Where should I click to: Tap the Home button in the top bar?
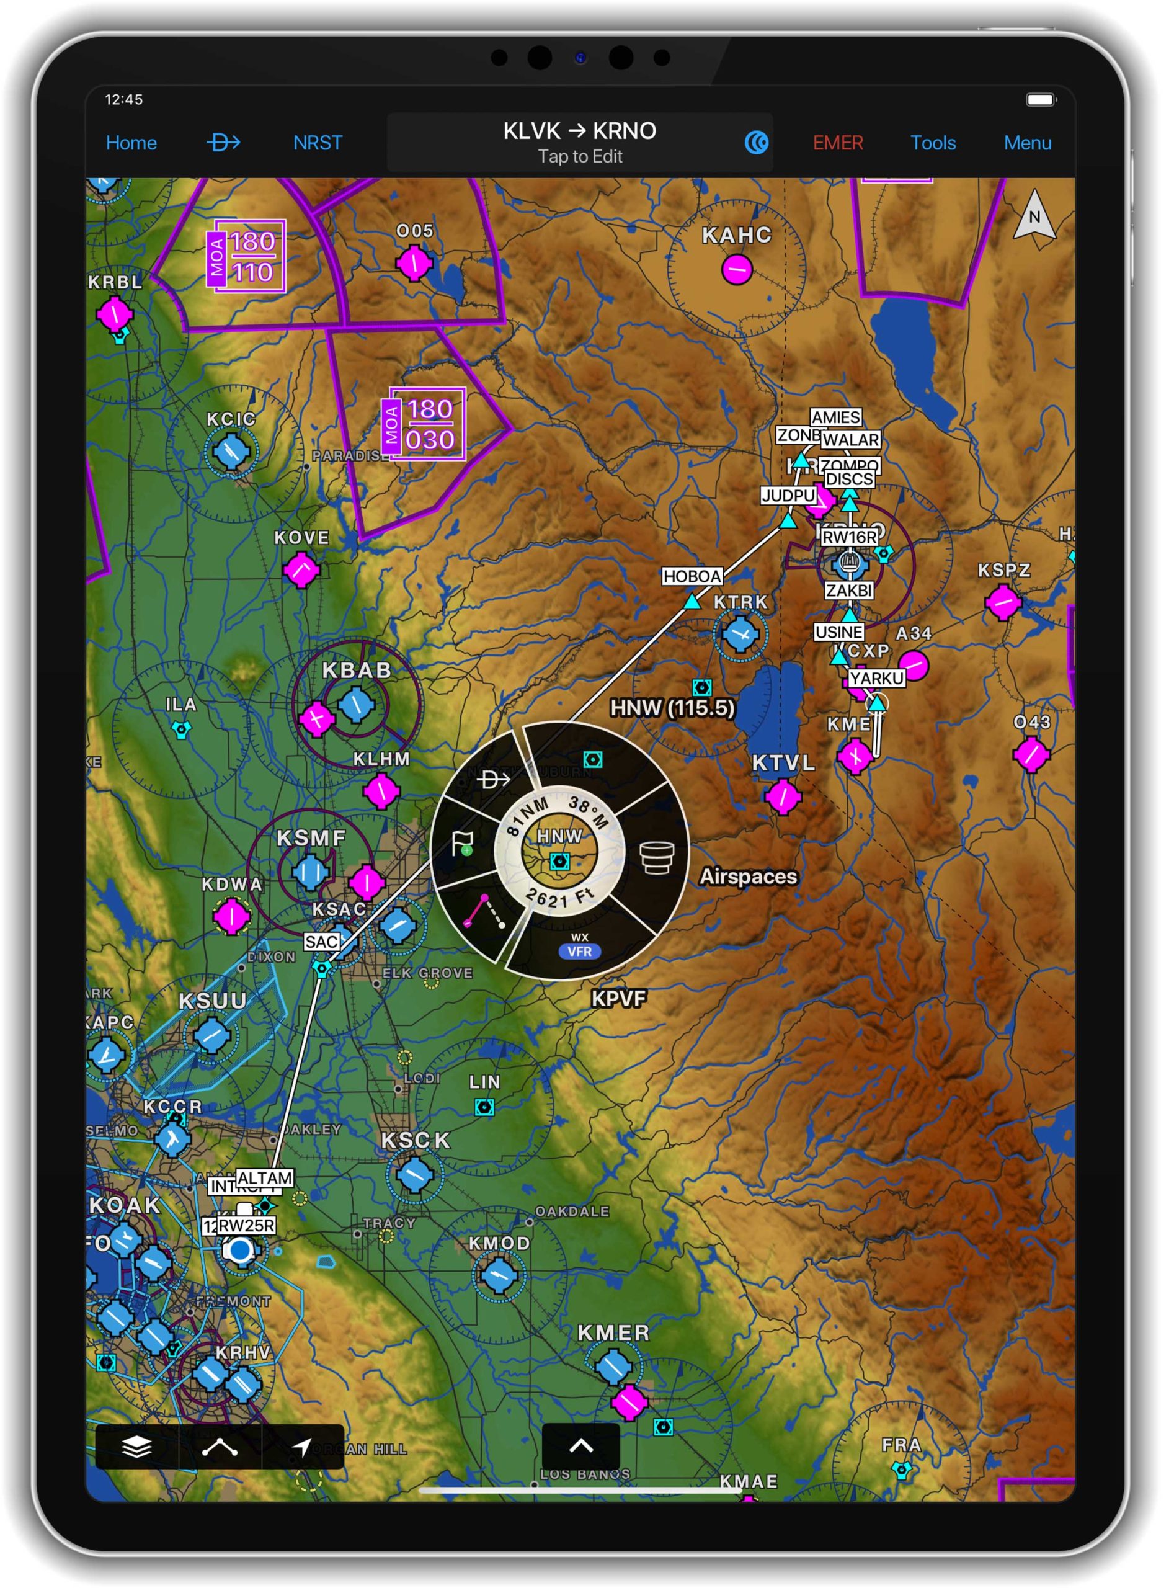[131, 143]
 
